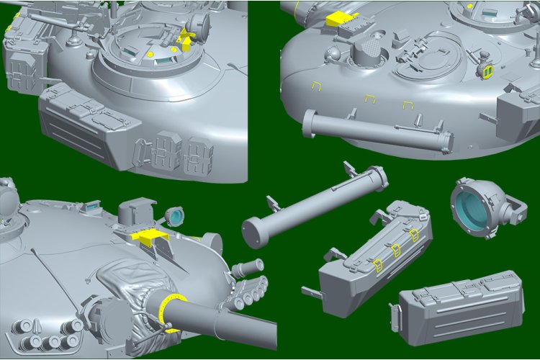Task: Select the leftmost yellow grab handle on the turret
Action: [314, 86]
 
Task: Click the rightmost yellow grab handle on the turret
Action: [407, 106]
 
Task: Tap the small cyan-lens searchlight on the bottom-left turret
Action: [175, 215]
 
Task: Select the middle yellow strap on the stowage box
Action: [397, 249]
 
